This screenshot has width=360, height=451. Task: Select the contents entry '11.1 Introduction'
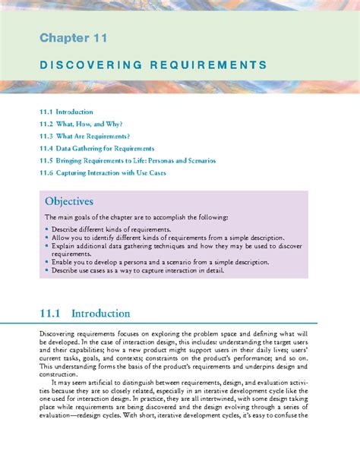(x=67, y=112)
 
